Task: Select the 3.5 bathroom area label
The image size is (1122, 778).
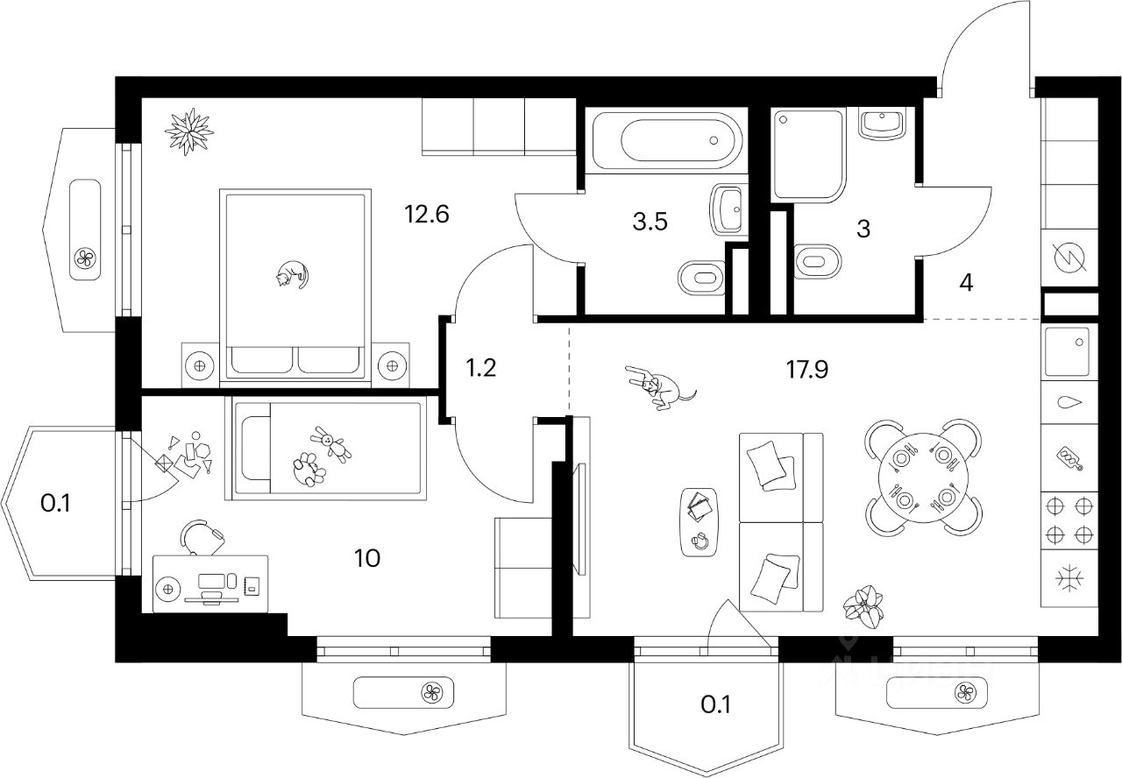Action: point(650,222)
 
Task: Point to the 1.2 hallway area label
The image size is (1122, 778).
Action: point(480,367)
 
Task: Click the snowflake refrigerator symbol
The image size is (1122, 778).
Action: point(1069,579)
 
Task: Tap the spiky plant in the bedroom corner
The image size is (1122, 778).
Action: point(188,132)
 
